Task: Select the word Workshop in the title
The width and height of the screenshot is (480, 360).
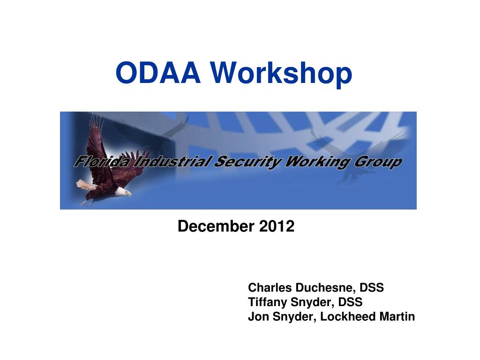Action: [281, 74]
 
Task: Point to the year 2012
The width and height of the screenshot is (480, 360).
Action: [277, 226]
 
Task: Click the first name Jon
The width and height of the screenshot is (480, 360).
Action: [258, 317]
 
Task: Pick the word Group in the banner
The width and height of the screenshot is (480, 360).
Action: [382, 163]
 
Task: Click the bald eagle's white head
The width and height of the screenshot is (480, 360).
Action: [123, 191]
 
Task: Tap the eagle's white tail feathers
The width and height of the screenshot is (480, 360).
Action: [86, 185]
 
